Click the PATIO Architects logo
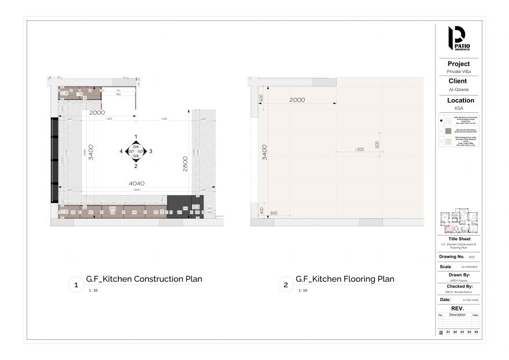tap(459, 39)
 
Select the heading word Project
tap(459, 64)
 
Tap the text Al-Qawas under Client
tap(459, 90)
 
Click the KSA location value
tap(459, 108)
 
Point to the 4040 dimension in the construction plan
tap(137, 184)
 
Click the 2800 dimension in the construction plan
tap(185, 163)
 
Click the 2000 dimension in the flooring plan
tap(297, 100)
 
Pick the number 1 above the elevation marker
tap(136, 137)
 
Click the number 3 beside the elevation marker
tap(150, 151)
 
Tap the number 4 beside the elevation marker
tap(121, 151)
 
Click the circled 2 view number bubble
tap(285, 285)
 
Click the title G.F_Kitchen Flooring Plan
tap(345, 279)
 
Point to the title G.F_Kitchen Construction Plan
tap(144, 279)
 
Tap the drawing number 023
tap(471, 256)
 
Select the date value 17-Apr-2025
tap(470, 300)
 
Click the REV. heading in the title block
tap(459, 308)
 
